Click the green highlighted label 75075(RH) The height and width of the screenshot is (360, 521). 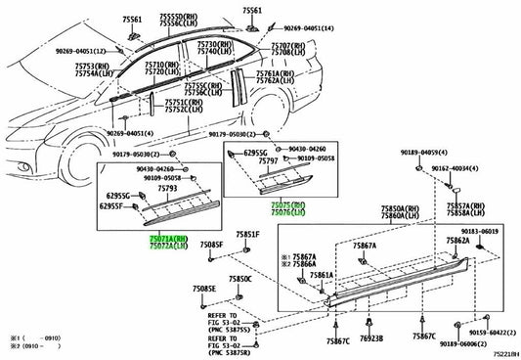(x=288, y=204)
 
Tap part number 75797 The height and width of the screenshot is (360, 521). (x=285, y=160)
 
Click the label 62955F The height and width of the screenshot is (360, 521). (x=115, y=206)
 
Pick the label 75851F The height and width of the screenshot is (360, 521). (x=246, y=236)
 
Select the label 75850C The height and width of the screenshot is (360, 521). (x=240, y=279)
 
